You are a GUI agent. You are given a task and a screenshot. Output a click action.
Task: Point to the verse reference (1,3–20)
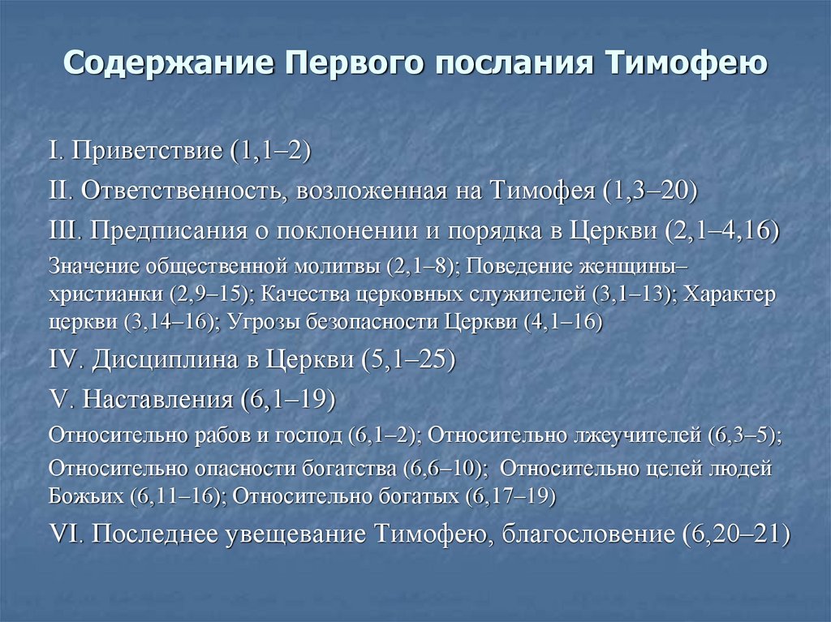[651, 191]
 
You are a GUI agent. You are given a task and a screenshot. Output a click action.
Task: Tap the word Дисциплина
[168, 358]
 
